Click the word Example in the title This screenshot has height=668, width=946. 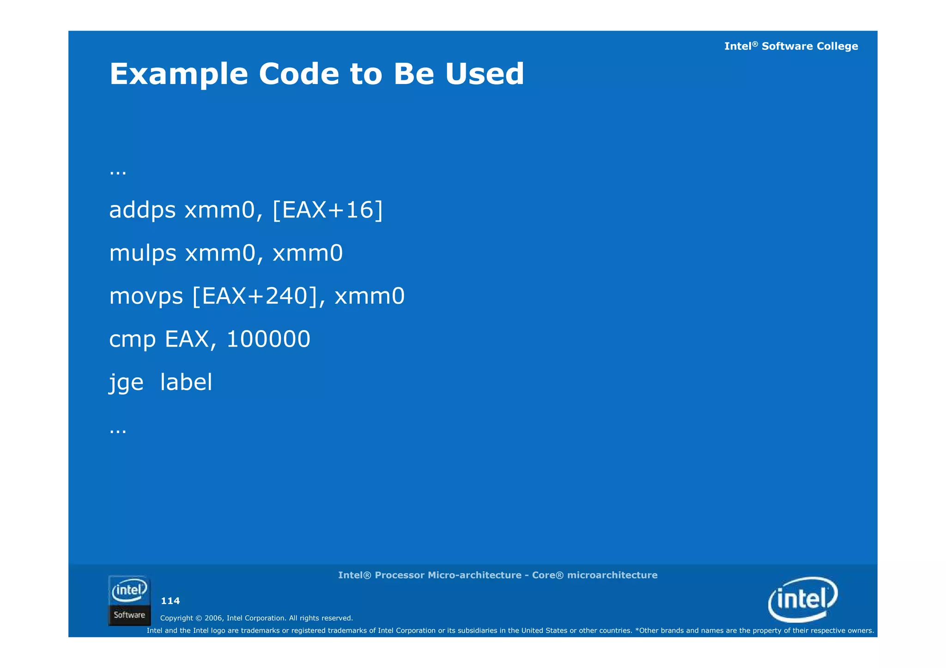click(179, 74)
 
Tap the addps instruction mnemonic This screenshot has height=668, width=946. click(142, 211)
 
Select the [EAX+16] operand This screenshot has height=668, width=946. click(327, 211)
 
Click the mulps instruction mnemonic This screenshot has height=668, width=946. click(143, 253)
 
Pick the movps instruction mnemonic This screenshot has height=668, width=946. click(146, 296)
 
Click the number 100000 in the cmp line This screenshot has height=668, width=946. click(268, 339)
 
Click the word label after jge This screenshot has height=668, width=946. click(186, 382)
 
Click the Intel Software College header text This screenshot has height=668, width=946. click(791, 46)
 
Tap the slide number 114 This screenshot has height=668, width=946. click(170, 601)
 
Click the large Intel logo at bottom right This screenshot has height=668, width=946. click(803, 600)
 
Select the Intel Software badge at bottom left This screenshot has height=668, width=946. click(129, 601)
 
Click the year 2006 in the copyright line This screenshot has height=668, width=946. click(214, 618)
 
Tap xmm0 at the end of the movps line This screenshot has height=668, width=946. click(369, 296)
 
